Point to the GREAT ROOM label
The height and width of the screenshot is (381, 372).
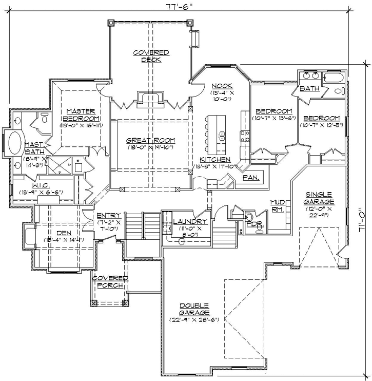click(150, 140)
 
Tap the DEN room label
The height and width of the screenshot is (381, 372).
click(63, 233)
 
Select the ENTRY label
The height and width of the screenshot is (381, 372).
click(108, 215)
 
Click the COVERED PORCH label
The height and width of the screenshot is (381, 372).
click(110, 281)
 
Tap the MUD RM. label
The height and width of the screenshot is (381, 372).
click(277, 205)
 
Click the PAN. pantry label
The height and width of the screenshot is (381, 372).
click(252, 178)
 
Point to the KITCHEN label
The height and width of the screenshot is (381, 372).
click(216, 159)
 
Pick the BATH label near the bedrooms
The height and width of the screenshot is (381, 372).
click(309, 88)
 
